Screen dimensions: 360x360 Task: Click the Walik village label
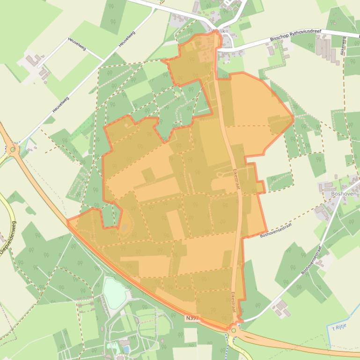pyautogui.click(x=219, y=31)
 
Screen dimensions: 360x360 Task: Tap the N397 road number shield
pyautogui.click(x=192, y=318)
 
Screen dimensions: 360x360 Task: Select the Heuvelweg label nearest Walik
pyautogui.click(x=126, y=39)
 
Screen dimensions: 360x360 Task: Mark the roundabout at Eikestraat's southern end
pyautogui.click(x=234, y=330)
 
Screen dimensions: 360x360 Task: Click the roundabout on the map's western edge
pyautogui.click(x=12, y=150)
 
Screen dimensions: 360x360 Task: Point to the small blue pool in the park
pyautogui.click(x=125, y=349)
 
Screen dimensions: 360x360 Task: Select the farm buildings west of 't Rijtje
pyautogui.click(x=281, y=308)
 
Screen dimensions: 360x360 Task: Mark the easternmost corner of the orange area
pyautogui.click(x=294, y=118)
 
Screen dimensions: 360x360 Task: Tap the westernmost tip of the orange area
pyautogui.click(x=67, y=220)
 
